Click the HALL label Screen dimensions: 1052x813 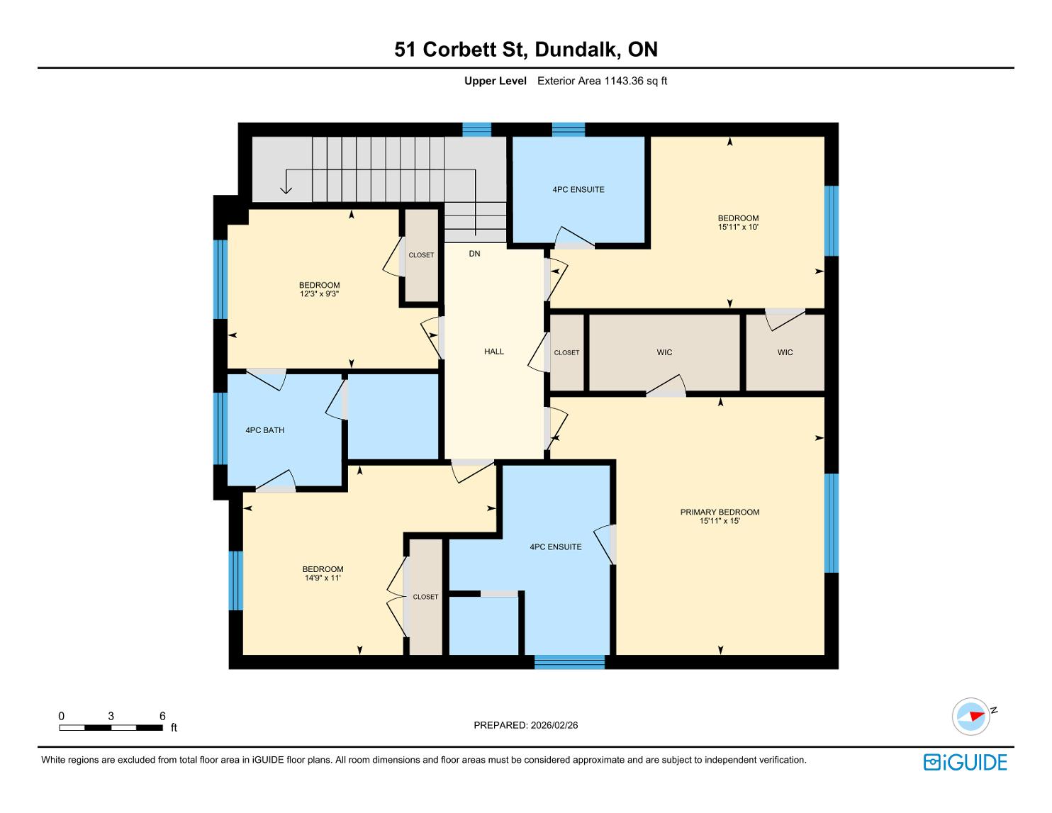494,352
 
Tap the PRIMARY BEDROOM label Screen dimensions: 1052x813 720,512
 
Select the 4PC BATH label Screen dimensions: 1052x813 264,430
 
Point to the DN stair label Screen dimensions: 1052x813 474,254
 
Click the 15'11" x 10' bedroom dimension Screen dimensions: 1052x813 738,227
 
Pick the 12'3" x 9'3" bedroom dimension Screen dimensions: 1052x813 319,293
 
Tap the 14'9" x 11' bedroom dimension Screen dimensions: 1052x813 323,578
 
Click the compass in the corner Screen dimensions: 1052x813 970,717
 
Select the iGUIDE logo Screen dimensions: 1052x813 966,762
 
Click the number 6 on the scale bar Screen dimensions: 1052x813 162,716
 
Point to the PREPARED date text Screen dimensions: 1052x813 526,725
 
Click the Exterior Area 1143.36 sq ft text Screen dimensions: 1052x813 602,81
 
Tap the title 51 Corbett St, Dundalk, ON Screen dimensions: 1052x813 526,50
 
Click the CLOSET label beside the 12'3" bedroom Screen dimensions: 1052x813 421,255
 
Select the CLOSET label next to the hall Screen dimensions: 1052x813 566,353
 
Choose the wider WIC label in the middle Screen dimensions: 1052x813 664,352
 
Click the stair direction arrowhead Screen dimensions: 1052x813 286,190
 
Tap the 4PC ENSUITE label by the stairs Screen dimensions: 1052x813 578,190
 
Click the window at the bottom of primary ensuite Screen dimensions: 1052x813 569,661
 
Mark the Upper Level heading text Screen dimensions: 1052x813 496,81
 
